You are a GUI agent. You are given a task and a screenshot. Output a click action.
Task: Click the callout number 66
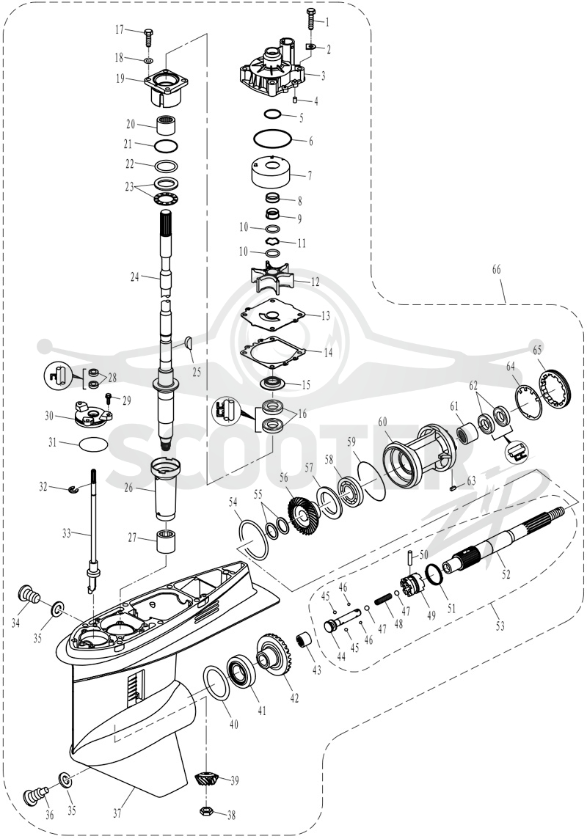[x=497, y=270]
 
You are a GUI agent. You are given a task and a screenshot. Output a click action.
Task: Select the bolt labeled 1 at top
[x=311, y=20]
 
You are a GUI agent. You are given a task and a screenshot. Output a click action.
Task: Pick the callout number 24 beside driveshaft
[x=135, y=277]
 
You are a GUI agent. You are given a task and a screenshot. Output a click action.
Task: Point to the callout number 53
[x=499, y=625]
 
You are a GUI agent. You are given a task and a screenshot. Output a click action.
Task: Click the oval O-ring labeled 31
[x=92, y=444]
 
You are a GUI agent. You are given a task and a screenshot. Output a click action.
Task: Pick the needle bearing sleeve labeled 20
[x=167, y=126]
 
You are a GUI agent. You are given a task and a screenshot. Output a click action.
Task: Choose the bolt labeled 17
[x=147, y=38]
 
